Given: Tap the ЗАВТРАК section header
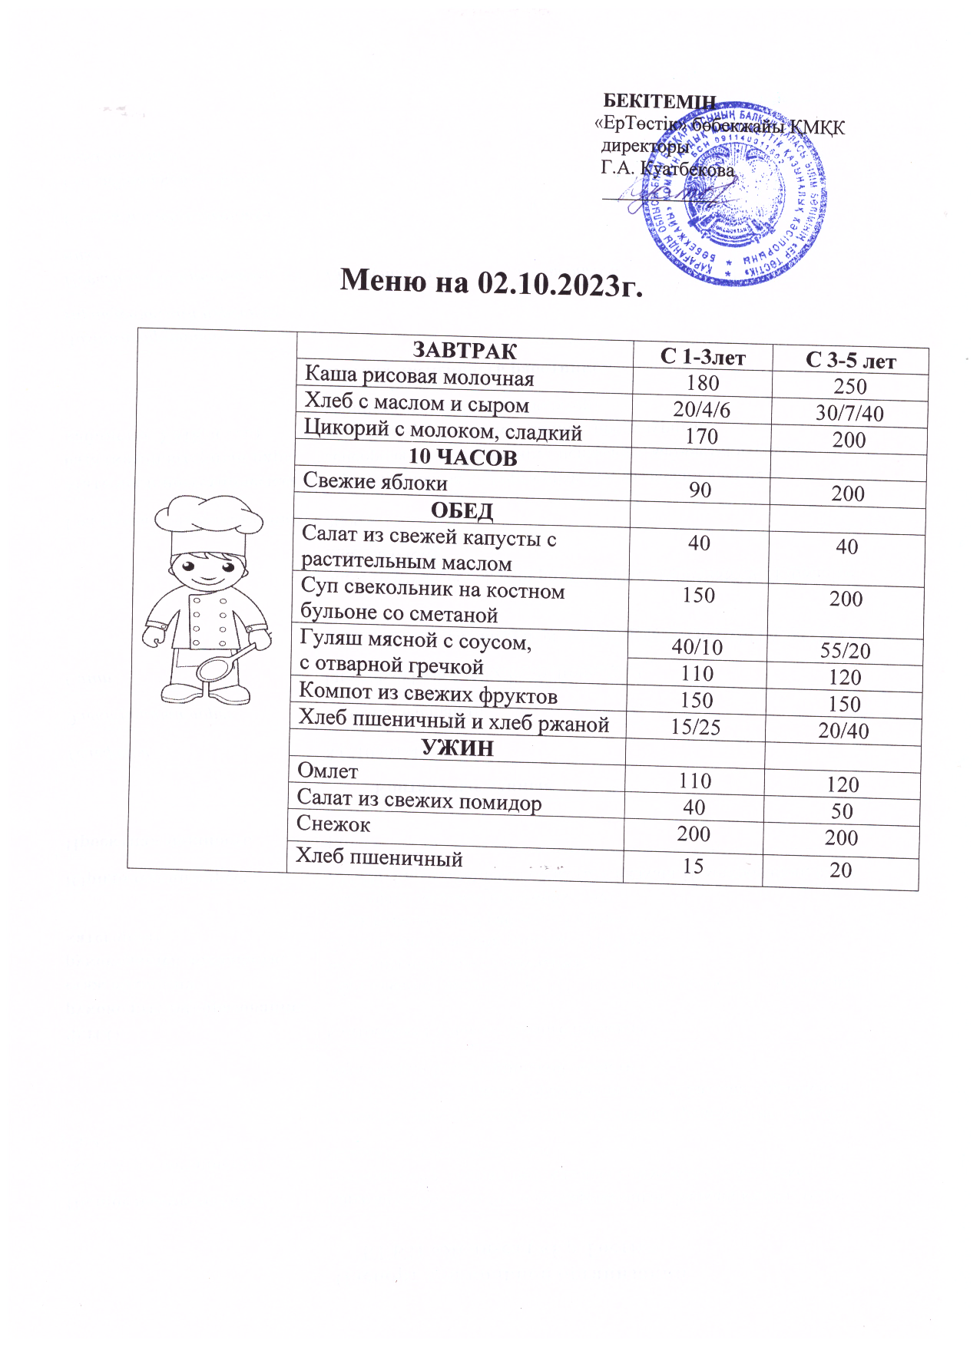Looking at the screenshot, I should tap(465, 351).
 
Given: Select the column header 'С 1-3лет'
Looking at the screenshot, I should tap(703, 356).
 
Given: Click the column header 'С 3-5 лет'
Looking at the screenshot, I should tap(850, 361).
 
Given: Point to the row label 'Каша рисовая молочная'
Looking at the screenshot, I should tap(419, 376).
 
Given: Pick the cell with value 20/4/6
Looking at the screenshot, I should tap(701, 409).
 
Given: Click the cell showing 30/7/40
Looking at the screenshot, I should tap(849, 413).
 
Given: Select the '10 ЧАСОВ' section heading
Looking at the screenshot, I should tap(462, 457).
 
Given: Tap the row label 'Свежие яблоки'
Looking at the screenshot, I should tap(375, 481).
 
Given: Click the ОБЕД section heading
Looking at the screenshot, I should tap(462, 510).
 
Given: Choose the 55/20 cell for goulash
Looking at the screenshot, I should tap(845, 651).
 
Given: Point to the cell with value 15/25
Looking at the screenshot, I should tap(695, 727).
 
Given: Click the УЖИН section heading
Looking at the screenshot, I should tap(458, 748).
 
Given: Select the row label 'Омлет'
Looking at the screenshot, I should tap(328, 771).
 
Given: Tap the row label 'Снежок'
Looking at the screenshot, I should tap(333, 824).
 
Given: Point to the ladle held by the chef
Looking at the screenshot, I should tap(223, 665).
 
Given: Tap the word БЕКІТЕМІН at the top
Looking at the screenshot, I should tap(659, 101).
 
